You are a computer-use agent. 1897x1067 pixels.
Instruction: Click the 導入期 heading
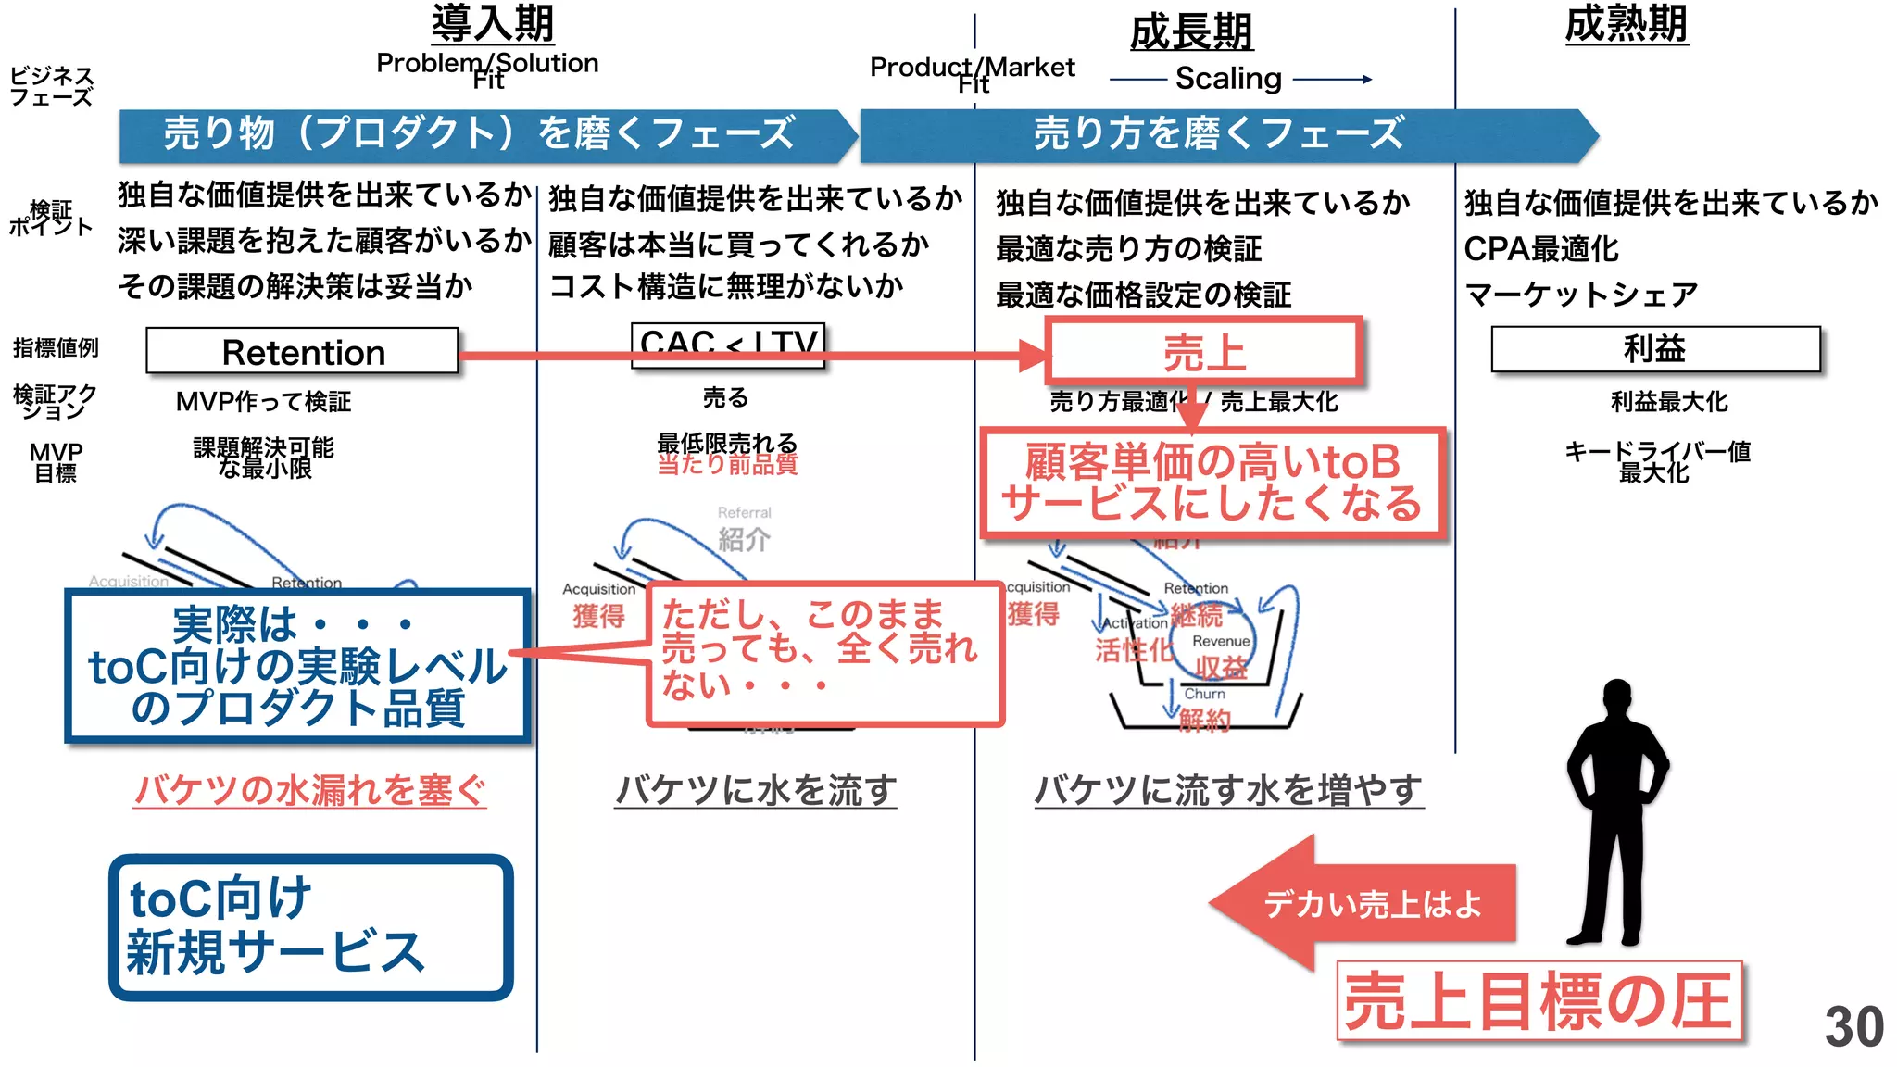(x=493, y=23)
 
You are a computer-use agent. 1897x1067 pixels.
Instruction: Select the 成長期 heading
(x=1191, y=32)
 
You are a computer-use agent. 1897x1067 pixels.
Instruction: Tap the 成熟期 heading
(x=1627, y=24)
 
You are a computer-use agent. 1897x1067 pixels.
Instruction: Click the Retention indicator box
(x=302, y=352)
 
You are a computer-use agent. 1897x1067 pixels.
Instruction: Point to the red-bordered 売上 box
(x=1203, y=352)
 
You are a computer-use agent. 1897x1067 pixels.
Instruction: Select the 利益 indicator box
(x=1654, y=349)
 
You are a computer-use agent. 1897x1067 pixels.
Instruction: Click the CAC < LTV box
(x=727, y=344)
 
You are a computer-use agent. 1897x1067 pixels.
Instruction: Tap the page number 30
(x=1853, y=1026)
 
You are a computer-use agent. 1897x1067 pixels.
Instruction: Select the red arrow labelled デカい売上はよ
(x=1362, y=903)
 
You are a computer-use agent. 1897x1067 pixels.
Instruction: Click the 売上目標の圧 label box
(x=1539, y=1001)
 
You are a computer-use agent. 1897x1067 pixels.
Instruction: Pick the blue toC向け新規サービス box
(x=311, y=926)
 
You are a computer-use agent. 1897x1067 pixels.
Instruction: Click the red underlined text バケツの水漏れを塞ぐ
(x=309, y=790)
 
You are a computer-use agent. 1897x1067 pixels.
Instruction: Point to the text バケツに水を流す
(x=756, y=790)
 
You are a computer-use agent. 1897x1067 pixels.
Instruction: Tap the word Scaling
(x=1228, y=79)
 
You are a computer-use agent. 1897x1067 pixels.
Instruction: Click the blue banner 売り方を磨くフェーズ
(x=1219, y=134)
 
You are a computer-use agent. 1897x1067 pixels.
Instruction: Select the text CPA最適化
(x=1541, y=248)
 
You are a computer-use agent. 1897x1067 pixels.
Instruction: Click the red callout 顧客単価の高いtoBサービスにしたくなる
(x=1212, y=483)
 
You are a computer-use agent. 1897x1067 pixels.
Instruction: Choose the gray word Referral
(x=744, y=512)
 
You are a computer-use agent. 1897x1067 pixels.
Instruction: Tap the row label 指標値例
(x=56, y=347)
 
